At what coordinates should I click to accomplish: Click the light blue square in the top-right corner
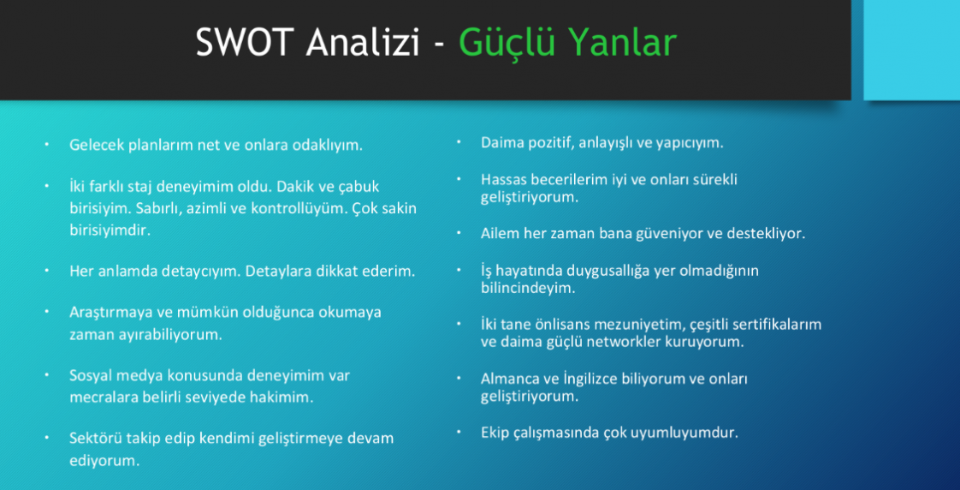[911, 50]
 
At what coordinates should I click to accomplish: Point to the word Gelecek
[96, 145]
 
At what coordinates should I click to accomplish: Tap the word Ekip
[495, 433]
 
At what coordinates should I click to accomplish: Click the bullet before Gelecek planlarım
[47, 145]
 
